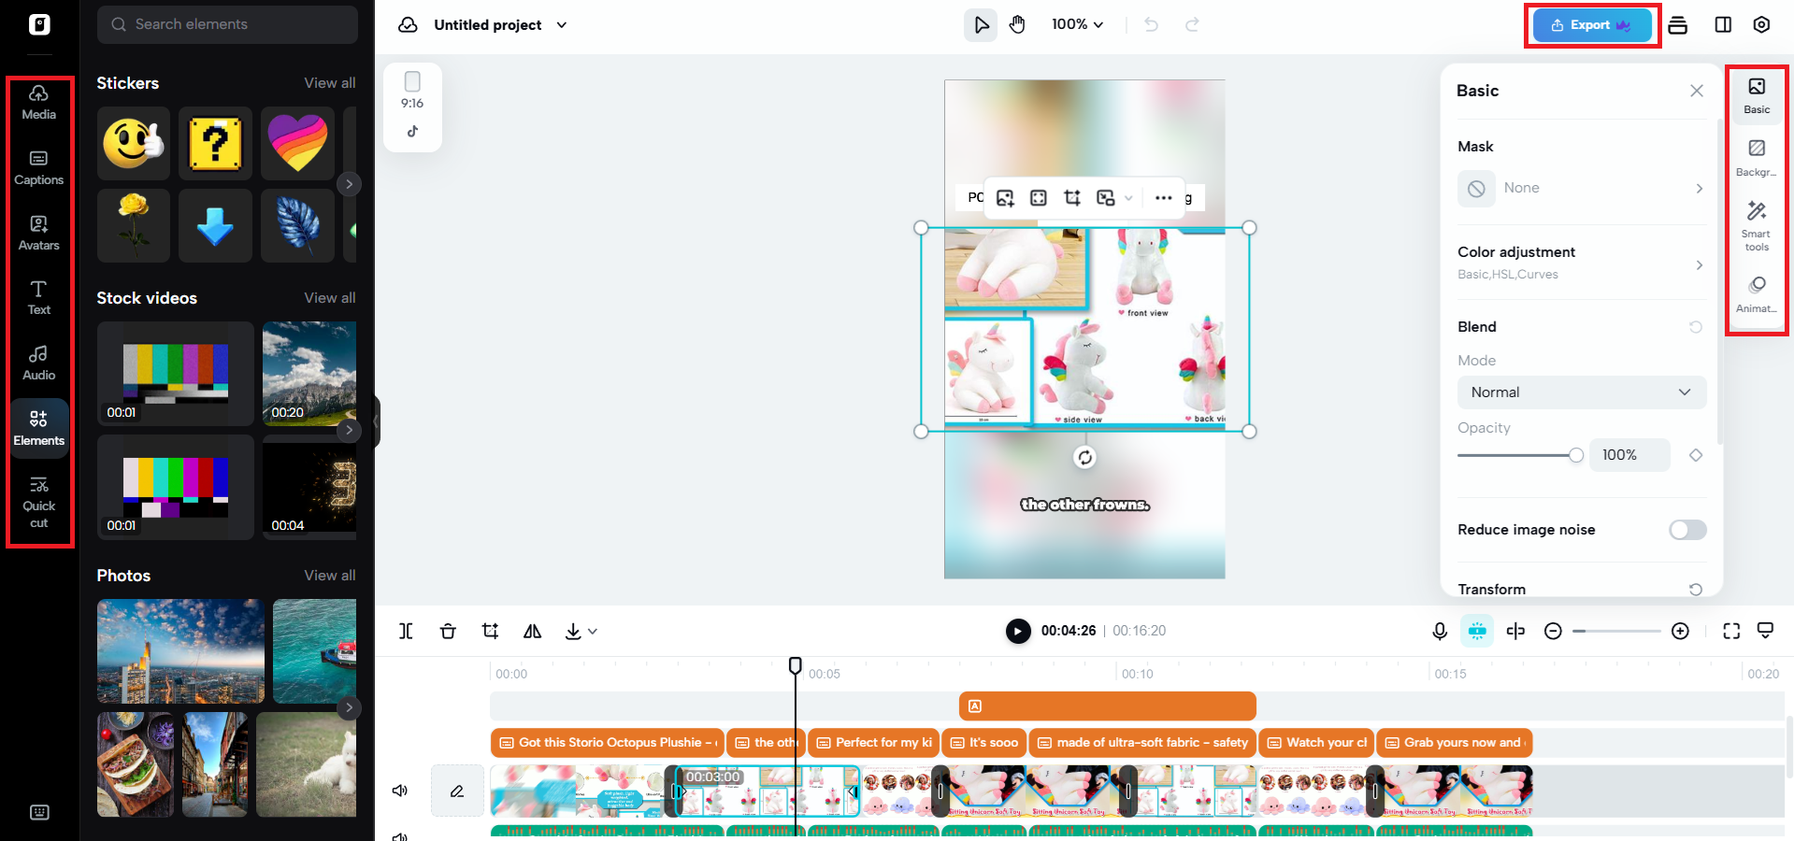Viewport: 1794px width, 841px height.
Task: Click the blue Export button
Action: click(1591, 25)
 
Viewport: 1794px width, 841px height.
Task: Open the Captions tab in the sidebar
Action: click(38, 167)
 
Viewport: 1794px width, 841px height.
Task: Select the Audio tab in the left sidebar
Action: click(38, 363)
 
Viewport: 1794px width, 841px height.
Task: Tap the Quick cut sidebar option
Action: click(38, 502)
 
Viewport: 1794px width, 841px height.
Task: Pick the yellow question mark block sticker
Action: click(215, 143)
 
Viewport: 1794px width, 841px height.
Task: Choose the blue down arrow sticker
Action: click(215, 225)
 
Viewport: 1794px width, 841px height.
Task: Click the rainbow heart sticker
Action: click(297, 143)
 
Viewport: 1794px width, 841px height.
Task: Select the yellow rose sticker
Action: click(134, 225)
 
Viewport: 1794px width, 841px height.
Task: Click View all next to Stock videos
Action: click(329, 298)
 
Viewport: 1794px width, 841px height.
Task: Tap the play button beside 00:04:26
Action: click(1017, 631)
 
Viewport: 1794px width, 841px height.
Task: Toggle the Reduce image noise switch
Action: click(1686, 530)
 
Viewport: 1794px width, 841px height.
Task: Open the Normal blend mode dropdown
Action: click(1581, 392)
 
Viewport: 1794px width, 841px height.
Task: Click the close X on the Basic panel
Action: click(1696, 91)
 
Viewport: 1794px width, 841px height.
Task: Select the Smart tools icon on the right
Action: click(1757, 225)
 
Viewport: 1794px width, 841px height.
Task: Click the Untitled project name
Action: click(487, 25)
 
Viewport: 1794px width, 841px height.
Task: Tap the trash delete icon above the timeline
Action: click(448, 631)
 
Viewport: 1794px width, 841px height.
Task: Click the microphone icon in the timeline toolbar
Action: click(1440, 631)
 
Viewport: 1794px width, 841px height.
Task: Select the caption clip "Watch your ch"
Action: click(1316, 743)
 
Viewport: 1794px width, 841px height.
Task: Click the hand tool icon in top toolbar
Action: click(1017, 25)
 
